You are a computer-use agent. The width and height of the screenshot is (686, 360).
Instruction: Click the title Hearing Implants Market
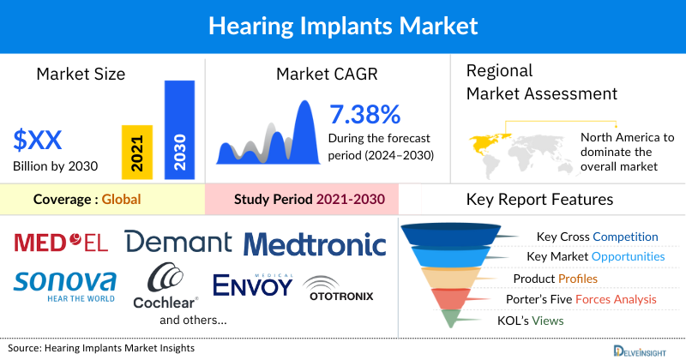(x=343, y=27)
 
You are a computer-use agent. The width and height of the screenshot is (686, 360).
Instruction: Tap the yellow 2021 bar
(x=137, y=152)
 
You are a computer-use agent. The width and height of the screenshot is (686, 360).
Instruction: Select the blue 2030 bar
(x=178, y=130)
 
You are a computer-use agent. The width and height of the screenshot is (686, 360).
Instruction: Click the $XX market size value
(x=37, y=139)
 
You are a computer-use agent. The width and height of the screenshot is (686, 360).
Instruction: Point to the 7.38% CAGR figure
(x=364, y=115)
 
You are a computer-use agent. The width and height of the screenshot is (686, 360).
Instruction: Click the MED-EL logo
(x=61, y=243)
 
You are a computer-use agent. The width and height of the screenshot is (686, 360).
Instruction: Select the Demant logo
(x=178, y=242)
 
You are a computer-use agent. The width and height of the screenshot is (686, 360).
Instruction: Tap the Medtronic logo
(x=315, y=244)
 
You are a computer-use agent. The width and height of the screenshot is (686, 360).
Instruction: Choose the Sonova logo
(x=65, y=284)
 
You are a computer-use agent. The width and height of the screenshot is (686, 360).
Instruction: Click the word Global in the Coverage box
(x=121, y=200)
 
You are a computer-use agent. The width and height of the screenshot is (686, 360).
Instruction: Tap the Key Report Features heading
(x=539, y=200)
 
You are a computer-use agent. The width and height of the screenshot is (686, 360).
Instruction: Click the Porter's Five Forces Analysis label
(x=583, y=299)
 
